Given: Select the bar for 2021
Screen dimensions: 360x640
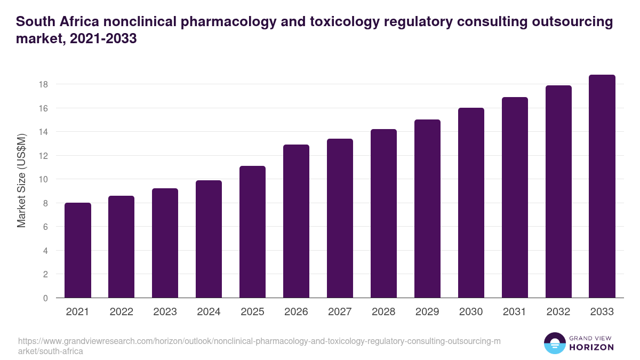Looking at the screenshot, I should (78, 251).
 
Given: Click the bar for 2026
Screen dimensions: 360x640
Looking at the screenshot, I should (296, 221).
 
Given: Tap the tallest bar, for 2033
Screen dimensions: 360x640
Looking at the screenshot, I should (602, 187).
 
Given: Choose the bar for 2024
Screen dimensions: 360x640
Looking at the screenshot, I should (209, 239).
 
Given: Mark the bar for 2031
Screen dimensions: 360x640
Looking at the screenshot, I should (515, 198).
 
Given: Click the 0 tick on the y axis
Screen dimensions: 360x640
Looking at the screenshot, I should (46, 298).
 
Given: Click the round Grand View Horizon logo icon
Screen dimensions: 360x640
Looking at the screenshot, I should (554, 343).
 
